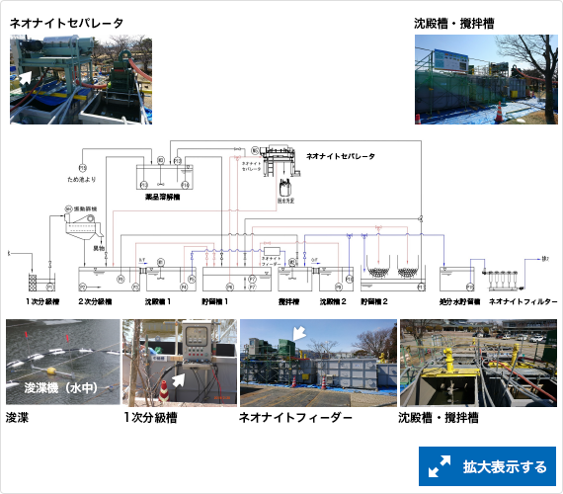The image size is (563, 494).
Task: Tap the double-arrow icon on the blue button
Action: coord(440,466)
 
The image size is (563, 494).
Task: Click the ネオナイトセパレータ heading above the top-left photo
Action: coord(66,22)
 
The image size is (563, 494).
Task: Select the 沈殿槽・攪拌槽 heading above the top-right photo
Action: coord(454,22)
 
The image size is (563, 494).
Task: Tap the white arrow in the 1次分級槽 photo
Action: coord(179,377)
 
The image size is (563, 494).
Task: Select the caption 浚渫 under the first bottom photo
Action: coord(18,418)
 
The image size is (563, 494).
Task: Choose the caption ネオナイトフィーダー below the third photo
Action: coord(295,418)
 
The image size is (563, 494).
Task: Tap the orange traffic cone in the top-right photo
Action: coord(500,112)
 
